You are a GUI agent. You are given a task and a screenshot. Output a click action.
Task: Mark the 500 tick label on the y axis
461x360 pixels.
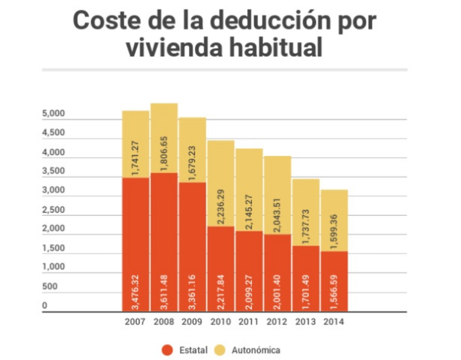coord(49,287)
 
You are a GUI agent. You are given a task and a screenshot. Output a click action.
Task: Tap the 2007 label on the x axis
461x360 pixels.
coord(135,322)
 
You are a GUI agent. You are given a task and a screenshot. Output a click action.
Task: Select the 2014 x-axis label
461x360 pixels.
coord(333,322)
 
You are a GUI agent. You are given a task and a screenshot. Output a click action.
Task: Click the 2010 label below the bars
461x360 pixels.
coord(220,322)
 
